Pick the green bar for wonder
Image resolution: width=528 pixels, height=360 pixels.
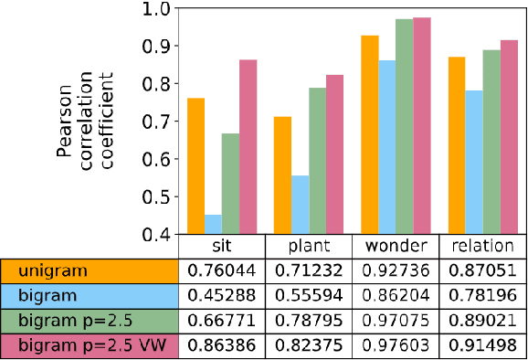pos(404,126)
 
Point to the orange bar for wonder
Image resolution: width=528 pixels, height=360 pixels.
pos(370,134)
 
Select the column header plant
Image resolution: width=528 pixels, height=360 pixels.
pos(308,247)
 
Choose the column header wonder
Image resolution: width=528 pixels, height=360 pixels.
pos(395,247)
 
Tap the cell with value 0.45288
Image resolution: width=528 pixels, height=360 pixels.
pos(221,296)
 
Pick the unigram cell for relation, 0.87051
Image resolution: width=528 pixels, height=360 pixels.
pos(481,270)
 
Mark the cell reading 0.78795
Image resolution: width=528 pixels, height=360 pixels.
pos(308,322)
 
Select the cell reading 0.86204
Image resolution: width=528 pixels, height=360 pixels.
pos(395,296)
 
